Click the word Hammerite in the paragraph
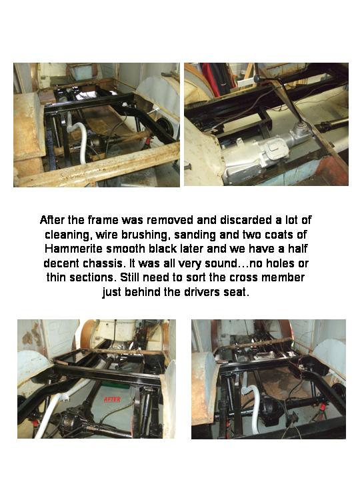[73, 249]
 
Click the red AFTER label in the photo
[113, 399]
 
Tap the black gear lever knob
[257, 79]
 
